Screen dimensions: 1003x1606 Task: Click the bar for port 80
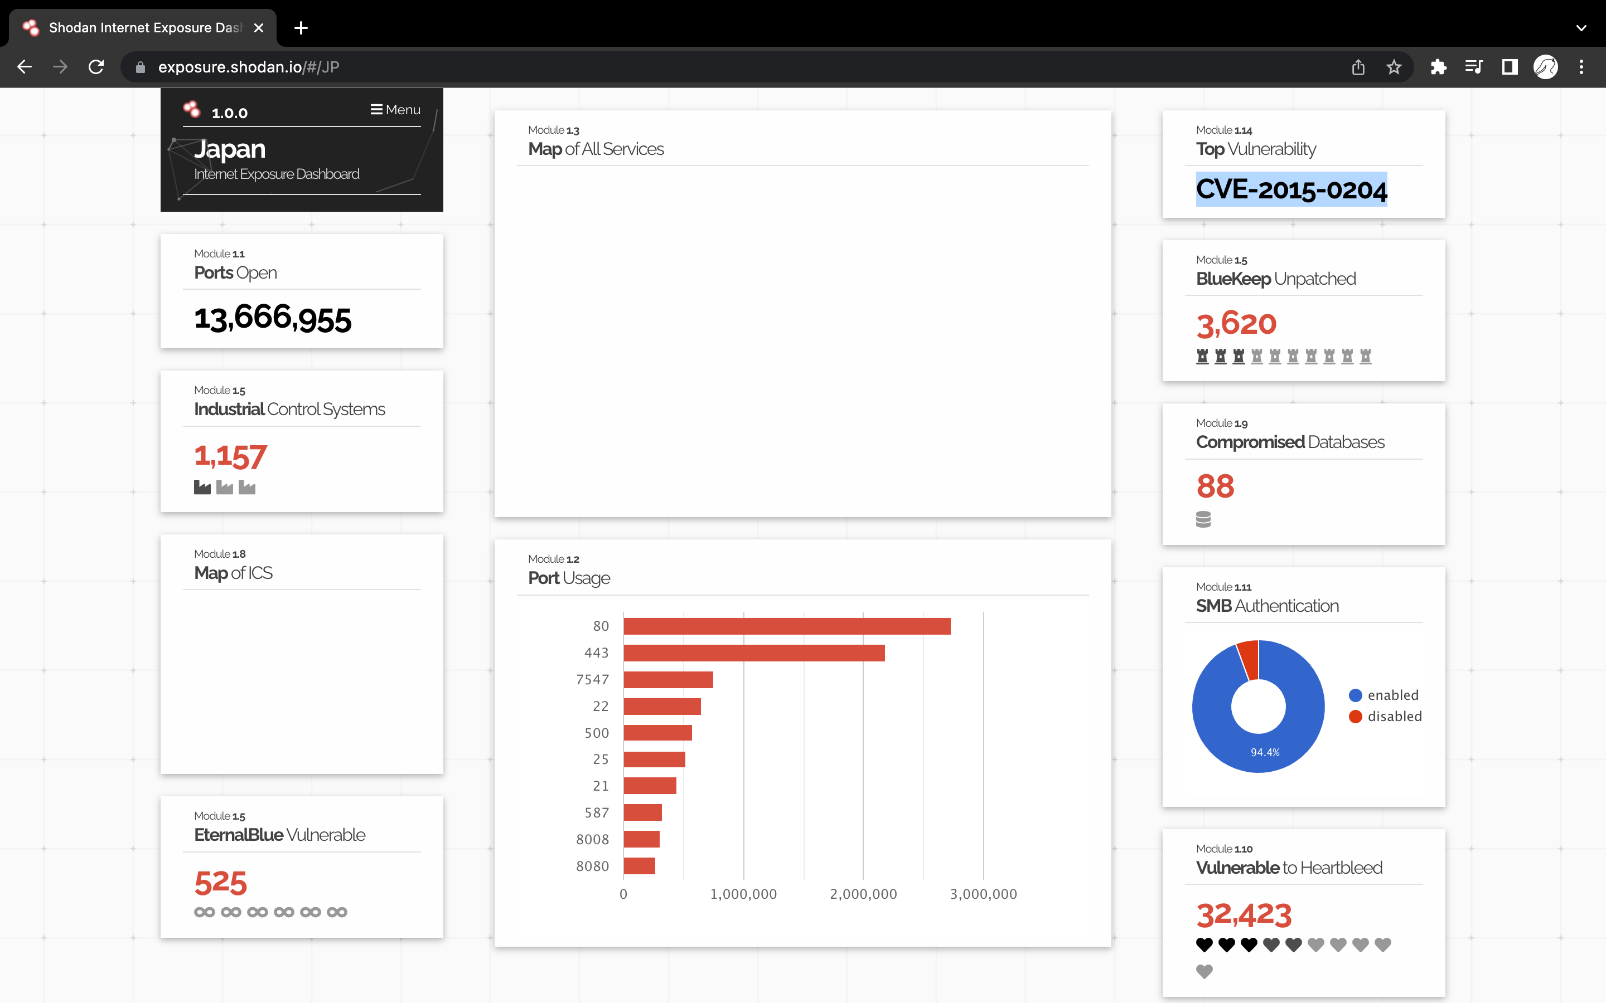(x=786, y=626)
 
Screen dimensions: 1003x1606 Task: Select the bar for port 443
(x=754, y=653)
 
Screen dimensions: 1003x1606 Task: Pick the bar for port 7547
(x=667, y=679)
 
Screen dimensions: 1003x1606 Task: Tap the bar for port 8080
(x=639, y=866)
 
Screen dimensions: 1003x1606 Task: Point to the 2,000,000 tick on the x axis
(x=863, y=894)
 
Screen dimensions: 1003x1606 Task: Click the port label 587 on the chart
(x=596, y=812)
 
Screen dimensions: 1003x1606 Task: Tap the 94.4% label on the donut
(x=1265, y=752)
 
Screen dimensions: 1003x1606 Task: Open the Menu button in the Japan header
(x=395, y=109)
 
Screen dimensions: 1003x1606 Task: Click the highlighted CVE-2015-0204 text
(x=1291, y=189)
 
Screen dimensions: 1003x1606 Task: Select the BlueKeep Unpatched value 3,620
(x=1236, y=324)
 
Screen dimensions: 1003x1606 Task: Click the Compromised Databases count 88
(x=1215, y=486)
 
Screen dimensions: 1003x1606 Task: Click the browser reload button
(x=96, y=67)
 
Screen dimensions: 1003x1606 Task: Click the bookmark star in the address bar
(x=1394, y=67)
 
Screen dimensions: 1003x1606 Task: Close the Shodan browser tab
(x=259, y=28)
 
